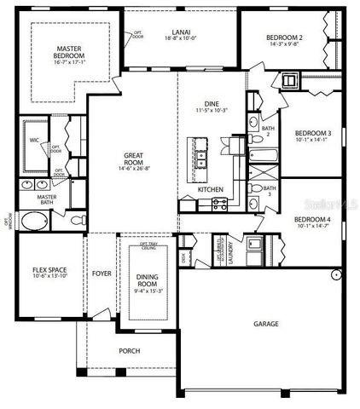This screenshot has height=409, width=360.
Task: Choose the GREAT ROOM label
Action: click(x=134, y=158)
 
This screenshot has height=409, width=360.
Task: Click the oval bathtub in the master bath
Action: click(x=34, y=224)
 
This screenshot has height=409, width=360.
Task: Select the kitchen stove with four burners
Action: click(x=218, y=203)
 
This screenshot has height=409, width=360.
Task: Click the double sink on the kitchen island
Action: click(x=201, y=157)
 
